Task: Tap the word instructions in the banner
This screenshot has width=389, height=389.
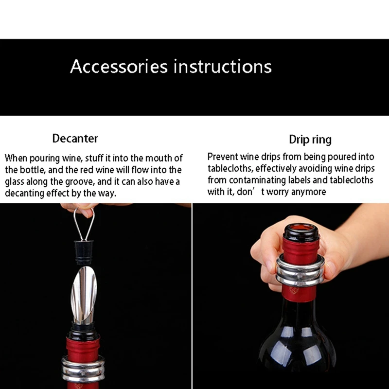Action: (x=223, y=67)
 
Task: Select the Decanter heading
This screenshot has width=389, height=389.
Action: (x=75, y=139)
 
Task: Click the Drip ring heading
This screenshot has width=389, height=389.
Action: (x=310, y=140)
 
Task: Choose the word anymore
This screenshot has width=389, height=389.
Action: (x=309, y=192)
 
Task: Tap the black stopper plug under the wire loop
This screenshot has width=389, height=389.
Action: (x=83, y=251)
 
